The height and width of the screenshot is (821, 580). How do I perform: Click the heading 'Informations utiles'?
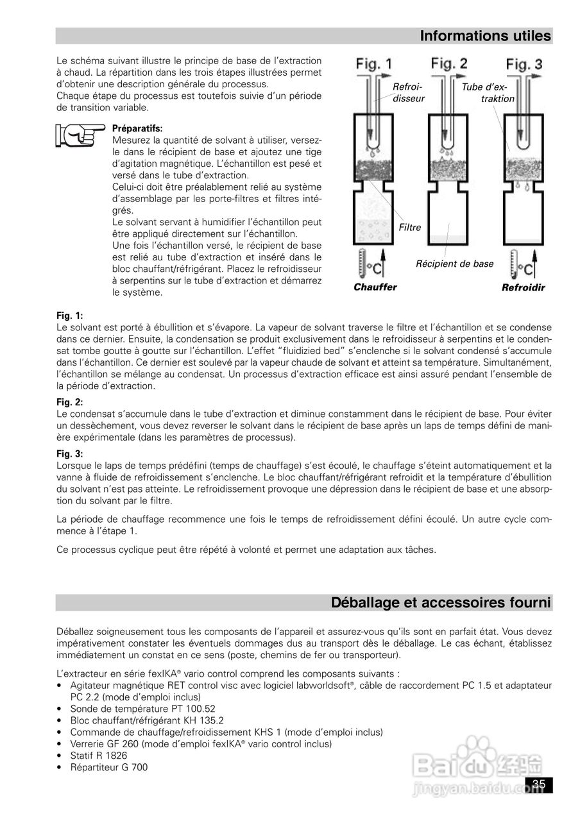click(485, 37)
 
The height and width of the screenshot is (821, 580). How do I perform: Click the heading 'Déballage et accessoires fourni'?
click(441, 603)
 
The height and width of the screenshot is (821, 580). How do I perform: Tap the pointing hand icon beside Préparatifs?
click(80, 135)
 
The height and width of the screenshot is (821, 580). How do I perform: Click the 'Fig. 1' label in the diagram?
click(375, 64)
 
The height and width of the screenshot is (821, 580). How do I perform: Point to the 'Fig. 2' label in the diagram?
click(449, 63)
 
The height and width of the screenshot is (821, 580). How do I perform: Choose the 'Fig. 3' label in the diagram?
click(524, 64)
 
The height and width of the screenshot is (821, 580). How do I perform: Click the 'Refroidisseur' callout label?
click(408, 92)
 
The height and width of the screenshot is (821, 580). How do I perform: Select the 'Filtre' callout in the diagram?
click(409, 228)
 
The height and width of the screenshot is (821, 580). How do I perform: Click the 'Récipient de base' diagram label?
click(455, 264)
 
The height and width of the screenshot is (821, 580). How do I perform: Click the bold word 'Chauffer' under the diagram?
click(375, 287)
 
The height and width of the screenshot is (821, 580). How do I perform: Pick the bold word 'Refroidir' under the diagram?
click(523, 288)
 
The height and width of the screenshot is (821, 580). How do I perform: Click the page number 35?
click(538, 784)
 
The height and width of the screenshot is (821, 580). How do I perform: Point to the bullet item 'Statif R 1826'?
click(99, 756)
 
